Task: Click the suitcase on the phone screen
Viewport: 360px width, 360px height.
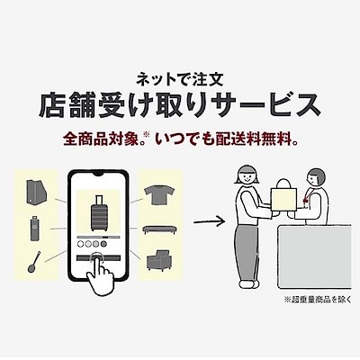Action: point(99,213)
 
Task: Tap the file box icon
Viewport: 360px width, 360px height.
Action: point(36,193)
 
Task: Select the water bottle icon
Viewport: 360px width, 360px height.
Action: point(35,228)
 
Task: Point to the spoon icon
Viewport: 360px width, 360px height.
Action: point(34,262)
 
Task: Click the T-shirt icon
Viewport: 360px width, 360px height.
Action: point(159,195)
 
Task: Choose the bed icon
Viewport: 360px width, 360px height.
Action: point(159,229)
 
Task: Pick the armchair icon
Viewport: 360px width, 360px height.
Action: point(158,260)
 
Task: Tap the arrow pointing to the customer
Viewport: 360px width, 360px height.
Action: point(209,222)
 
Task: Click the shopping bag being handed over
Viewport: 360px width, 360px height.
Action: point(283,197)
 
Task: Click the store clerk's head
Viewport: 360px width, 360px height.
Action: point(314,177)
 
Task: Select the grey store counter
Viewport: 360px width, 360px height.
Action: point(314,257)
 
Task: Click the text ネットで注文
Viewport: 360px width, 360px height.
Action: point(180,80)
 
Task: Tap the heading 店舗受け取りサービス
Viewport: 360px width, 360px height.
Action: point(180,105)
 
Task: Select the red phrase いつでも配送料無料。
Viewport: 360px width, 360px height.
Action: point(228,139)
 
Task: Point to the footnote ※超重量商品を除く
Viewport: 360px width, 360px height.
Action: point(317,300)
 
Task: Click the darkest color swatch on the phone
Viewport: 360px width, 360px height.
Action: point(103,244)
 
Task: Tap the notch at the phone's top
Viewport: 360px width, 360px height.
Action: point(98,174)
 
